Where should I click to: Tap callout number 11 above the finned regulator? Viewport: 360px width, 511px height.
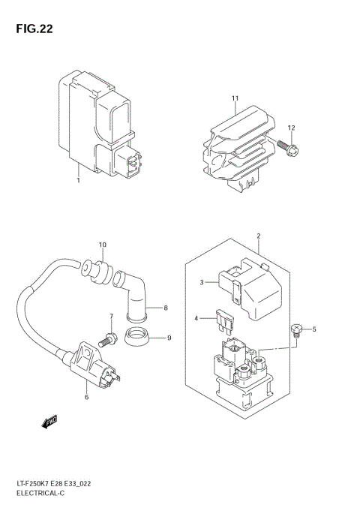point(235,99)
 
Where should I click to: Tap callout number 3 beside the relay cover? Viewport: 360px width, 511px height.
point(201,282)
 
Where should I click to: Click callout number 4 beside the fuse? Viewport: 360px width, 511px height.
point(196,319)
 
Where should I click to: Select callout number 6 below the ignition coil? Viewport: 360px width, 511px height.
point(86,396)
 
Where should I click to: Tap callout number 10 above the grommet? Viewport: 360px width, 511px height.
point(102,245)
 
